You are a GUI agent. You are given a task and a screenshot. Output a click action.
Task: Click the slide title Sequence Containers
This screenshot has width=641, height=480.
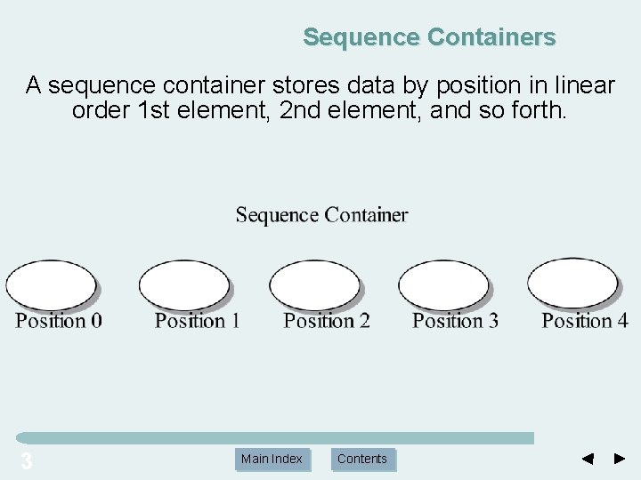(429, 37)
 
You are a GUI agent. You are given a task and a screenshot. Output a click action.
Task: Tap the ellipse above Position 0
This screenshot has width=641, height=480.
(50, 284)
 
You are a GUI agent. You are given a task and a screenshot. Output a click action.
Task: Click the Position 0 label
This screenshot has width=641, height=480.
(58, 320)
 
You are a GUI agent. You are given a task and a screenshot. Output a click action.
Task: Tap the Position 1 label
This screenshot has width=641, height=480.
(197, 320)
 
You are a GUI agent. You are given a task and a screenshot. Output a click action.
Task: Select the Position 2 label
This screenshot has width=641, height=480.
(327, 320)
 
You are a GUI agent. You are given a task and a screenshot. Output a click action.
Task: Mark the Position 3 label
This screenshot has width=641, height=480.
(455, 320)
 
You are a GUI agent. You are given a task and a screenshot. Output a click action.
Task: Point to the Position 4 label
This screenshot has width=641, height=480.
(584, 320)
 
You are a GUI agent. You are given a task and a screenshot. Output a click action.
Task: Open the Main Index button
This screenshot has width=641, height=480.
(272, 459)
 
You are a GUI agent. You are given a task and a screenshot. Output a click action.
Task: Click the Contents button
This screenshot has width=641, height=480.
(362, 459)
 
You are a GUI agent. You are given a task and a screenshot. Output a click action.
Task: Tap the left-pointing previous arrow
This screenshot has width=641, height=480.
(587, 459)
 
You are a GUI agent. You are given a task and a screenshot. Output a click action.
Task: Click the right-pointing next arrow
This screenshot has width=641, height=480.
(621, 459)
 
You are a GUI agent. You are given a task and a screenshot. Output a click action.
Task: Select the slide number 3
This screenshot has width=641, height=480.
(26, 460)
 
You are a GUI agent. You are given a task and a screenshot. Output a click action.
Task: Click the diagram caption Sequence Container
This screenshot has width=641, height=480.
(321, 215)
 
